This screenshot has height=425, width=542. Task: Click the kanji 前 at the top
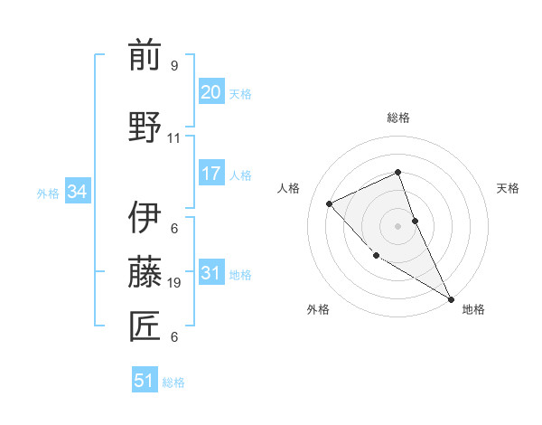coord(145,55)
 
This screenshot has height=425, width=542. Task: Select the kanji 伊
coord(145,218)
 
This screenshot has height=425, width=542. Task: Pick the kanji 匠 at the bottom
coord(145,326)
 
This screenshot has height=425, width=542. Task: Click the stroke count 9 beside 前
coord(173,66)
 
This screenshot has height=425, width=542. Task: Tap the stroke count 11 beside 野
coord(173,138)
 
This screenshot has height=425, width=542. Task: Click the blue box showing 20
coord(210,92)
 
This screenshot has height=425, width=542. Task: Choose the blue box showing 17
coord(210,174)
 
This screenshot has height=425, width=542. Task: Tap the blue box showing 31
coord(210,273)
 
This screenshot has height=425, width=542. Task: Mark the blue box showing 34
coord(77,192)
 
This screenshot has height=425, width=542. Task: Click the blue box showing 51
coord(145,381)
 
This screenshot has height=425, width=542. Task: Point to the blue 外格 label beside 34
coord(48,193)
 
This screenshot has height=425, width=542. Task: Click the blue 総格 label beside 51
coord(173,382)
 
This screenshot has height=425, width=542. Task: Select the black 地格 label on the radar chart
coord(473,309)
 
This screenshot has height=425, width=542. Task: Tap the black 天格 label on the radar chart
coord(509,188)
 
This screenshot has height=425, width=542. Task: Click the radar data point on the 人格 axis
coord(330,203)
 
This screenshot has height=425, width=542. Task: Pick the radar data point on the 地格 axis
coord(451,299)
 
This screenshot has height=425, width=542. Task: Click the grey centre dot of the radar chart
coord(397,225)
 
